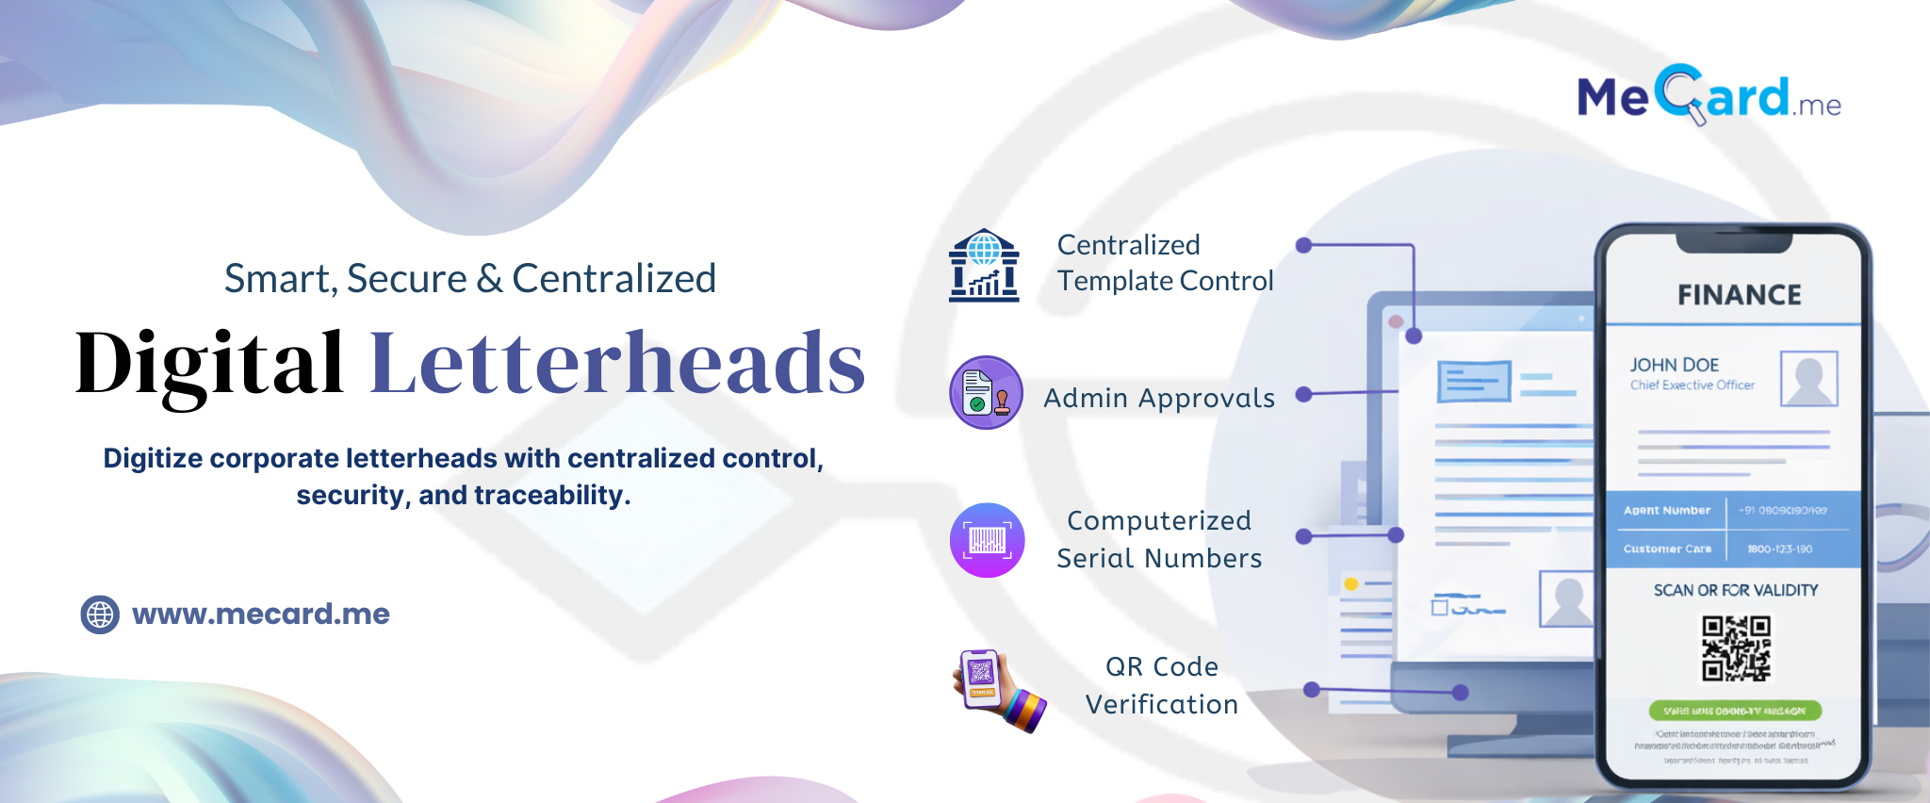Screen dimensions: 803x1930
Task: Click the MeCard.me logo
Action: pos(1709,96)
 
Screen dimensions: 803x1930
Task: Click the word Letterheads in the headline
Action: pos(617,364)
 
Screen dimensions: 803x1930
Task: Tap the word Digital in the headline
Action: pos(209,364)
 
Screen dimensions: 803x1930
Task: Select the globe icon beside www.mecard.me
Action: pos(100,615)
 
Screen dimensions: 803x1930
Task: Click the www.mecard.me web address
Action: pos(261,615)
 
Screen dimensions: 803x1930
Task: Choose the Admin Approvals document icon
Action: pos(986,393)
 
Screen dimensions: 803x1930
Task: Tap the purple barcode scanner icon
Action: pos(987,540)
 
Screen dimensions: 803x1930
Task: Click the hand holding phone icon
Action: pos(998,690)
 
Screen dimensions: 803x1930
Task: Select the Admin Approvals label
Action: pos(1159,399)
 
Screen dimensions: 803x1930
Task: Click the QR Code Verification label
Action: pos(1161,685)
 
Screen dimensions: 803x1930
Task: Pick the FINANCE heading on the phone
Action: pos(1739,295)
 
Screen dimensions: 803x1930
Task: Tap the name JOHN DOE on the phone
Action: pos(1675,365)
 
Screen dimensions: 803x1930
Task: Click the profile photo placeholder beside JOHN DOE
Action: pos(1808,379)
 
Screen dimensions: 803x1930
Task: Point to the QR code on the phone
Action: pos(1736,647)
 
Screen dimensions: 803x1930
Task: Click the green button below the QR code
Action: pos(1735,711)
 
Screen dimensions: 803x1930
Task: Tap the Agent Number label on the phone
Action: pos(1666,511)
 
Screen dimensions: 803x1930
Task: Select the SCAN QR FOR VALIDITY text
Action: pos(1736,590)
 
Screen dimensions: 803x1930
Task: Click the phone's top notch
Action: pos(1733,243)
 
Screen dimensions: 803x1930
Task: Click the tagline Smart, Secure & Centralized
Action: pos(470,279)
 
